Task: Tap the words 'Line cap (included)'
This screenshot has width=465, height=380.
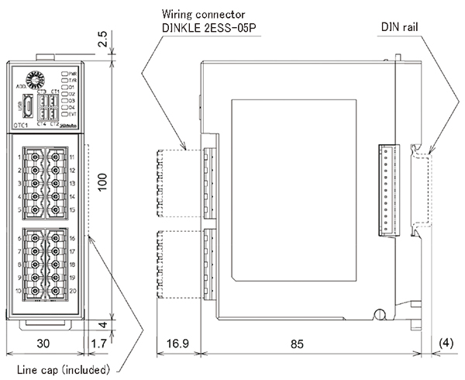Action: pos(64,368)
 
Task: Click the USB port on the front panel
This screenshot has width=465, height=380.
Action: pos(26,105)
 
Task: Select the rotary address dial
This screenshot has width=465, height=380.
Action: pos(33,80)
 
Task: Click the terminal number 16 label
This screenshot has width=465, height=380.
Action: pos(71,240)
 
